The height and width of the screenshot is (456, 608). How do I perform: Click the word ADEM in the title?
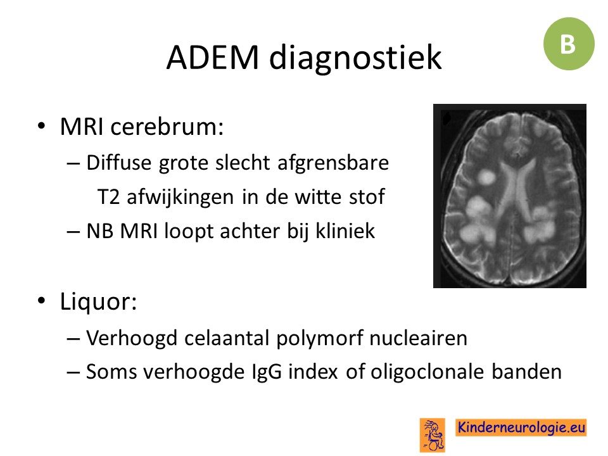pos(213,58)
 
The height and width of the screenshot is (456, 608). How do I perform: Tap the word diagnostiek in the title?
pos(355,58)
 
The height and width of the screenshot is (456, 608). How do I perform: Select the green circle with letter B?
pos(569,44)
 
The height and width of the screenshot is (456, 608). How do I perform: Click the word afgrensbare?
pos(333,163)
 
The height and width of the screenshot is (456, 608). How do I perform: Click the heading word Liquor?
pos(99,302)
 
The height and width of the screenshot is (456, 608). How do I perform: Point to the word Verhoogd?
pos(132,338)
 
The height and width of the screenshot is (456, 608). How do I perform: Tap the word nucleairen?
pos(418,338)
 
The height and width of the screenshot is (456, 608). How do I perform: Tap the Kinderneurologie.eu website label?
pos(521,427)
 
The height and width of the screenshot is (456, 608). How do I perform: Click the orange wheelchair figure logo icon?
pos(433,435)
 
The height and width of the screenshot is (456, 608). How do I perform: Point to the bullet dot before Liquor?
pos(42,301)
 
